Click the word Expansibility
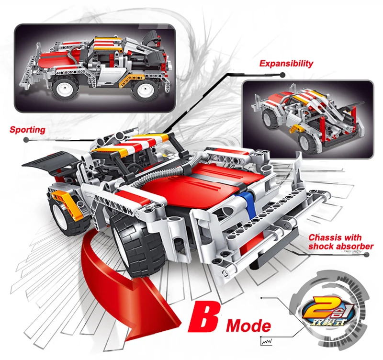point(286,64)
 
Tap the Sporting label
point(27,130)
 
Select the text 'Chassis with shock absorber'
point(341,242)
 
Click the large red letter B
point(204,317)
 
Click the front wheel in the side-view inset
point(64,88)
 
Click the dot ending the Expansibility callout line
point(282,75)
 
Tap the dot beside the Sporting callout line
point(26,140)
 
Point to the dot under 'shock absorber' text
point(366,255)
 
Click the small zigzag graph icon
point(267,341)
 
